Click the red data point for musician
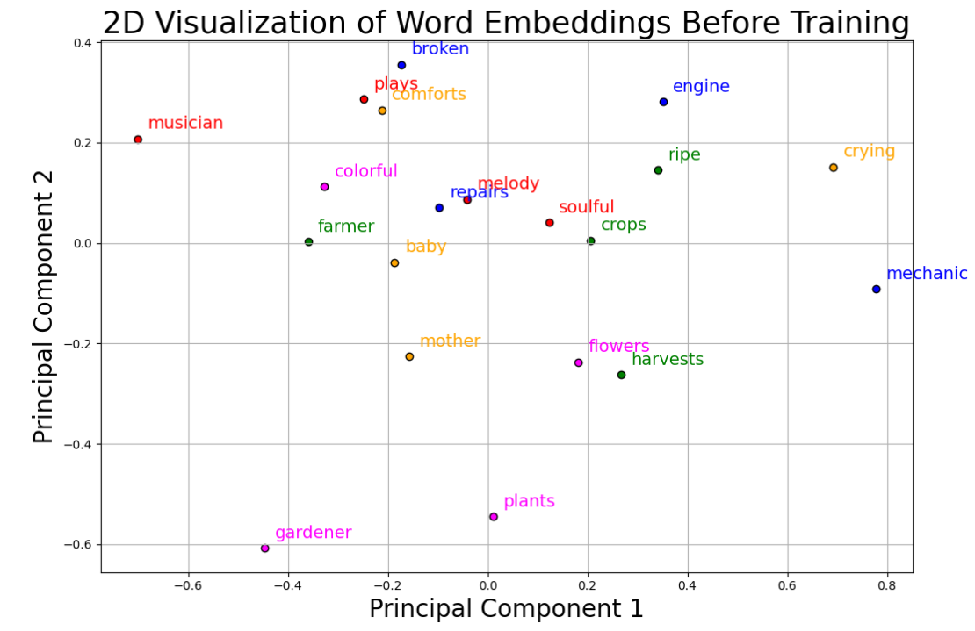coord(138,140)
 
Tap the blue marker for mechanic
coord(876,289)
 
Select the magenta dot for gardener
coord(264,549)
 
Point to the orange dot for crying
coord(834,168)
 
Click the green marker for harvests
coord(621,375)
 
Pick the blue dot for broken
coord(401,65)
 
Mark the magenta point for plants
coord(494,517)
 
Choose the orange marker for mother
coord(409,356)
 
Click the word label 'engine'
coord(701,87)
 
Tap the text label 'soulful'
coord(586,207)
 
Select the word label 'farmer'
coord(345,226)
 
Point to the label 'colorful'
coord(365,171)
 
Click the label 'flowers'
coord(618,347)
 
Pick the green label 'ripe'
coord(684,155)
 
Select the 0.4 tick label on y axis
coord(82,43)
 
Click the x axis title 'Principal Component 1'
coord(506,609)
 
